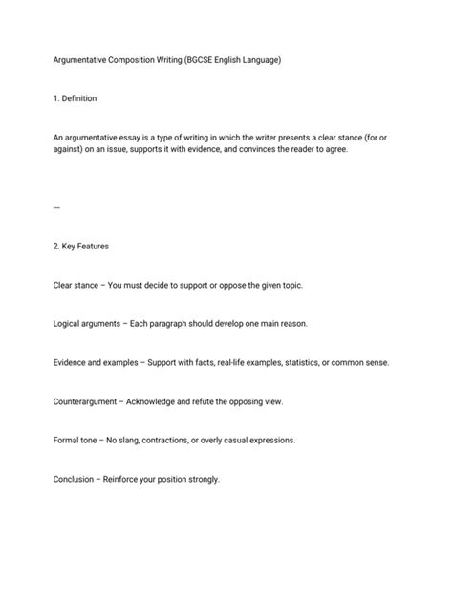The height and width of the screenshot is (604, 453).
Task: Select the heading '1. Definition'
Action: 75,98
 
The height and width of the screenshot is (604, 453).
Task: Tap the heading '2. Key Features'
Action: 81,246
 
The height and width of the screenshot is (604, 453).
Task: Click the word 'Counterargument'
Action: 87,401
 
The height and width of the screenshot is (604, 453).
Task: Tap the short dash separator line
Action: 56,206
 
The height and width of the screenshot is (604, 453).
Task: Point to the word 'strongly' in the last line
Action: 202,479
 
